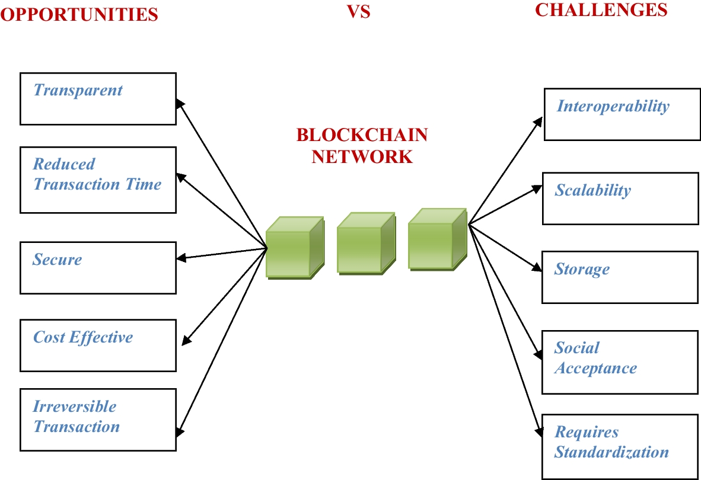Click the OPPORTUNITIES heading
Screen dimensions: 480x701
(x=79, y=15)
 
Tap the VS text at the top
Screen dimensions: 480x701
(x=359, y=11)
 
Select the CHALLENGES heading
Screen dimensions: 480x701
(x=601, y=10)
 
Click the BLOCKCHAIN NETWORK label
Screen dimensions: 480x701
(x=362, y=146)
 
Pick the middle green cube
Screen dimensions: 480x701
(x=364, y=244)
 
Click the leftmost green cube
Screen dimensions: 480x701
(x=294, y=248)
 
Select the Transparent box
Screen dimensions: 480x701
(x=98, y=98)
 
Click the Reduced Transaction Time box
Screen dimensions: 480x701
(x=98, y=180)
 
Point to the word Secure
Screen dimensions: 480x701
(x=58, y=260)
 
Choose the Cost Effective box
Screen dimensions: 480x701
(x=98, y=345)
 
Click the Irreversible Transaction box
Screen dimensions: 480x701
(x=98, y=420)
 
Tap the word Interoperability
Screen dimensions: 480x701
(x=613, y=107)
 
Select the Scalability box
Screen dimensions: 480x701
(x=620, y=199)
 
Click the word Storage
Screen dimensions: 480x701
(x=582, y=270)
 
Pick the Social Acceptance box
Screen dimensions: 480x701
(x=620, y=362)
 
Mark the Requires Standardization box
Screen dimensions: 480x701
(x=620, y=446)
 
